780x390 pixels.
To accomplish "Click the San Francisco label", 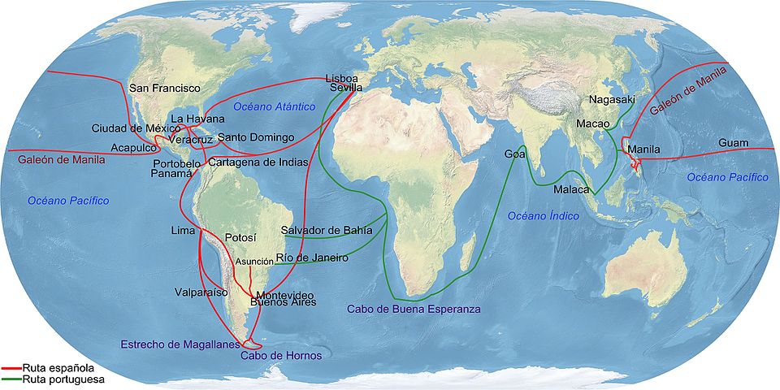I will click(165, 87).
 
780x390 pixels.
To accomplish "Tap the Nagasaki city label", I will click(609, 99).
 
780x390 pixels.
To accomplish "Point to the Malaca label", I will click(571, 189).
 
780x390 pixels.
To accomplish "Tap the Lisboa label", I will click(341, 78).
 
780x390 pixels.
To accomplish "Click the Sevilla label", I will click(345, 87).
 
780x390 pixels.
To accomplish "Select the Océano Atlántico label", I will click(272, 106).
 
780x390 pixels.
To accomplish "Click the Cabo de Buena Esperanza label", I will click(414, 309).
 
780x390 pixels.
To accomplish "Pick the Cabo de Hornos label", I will click(282, 356).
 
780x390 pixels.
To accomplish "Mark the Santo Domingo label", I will click(256, 136).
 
